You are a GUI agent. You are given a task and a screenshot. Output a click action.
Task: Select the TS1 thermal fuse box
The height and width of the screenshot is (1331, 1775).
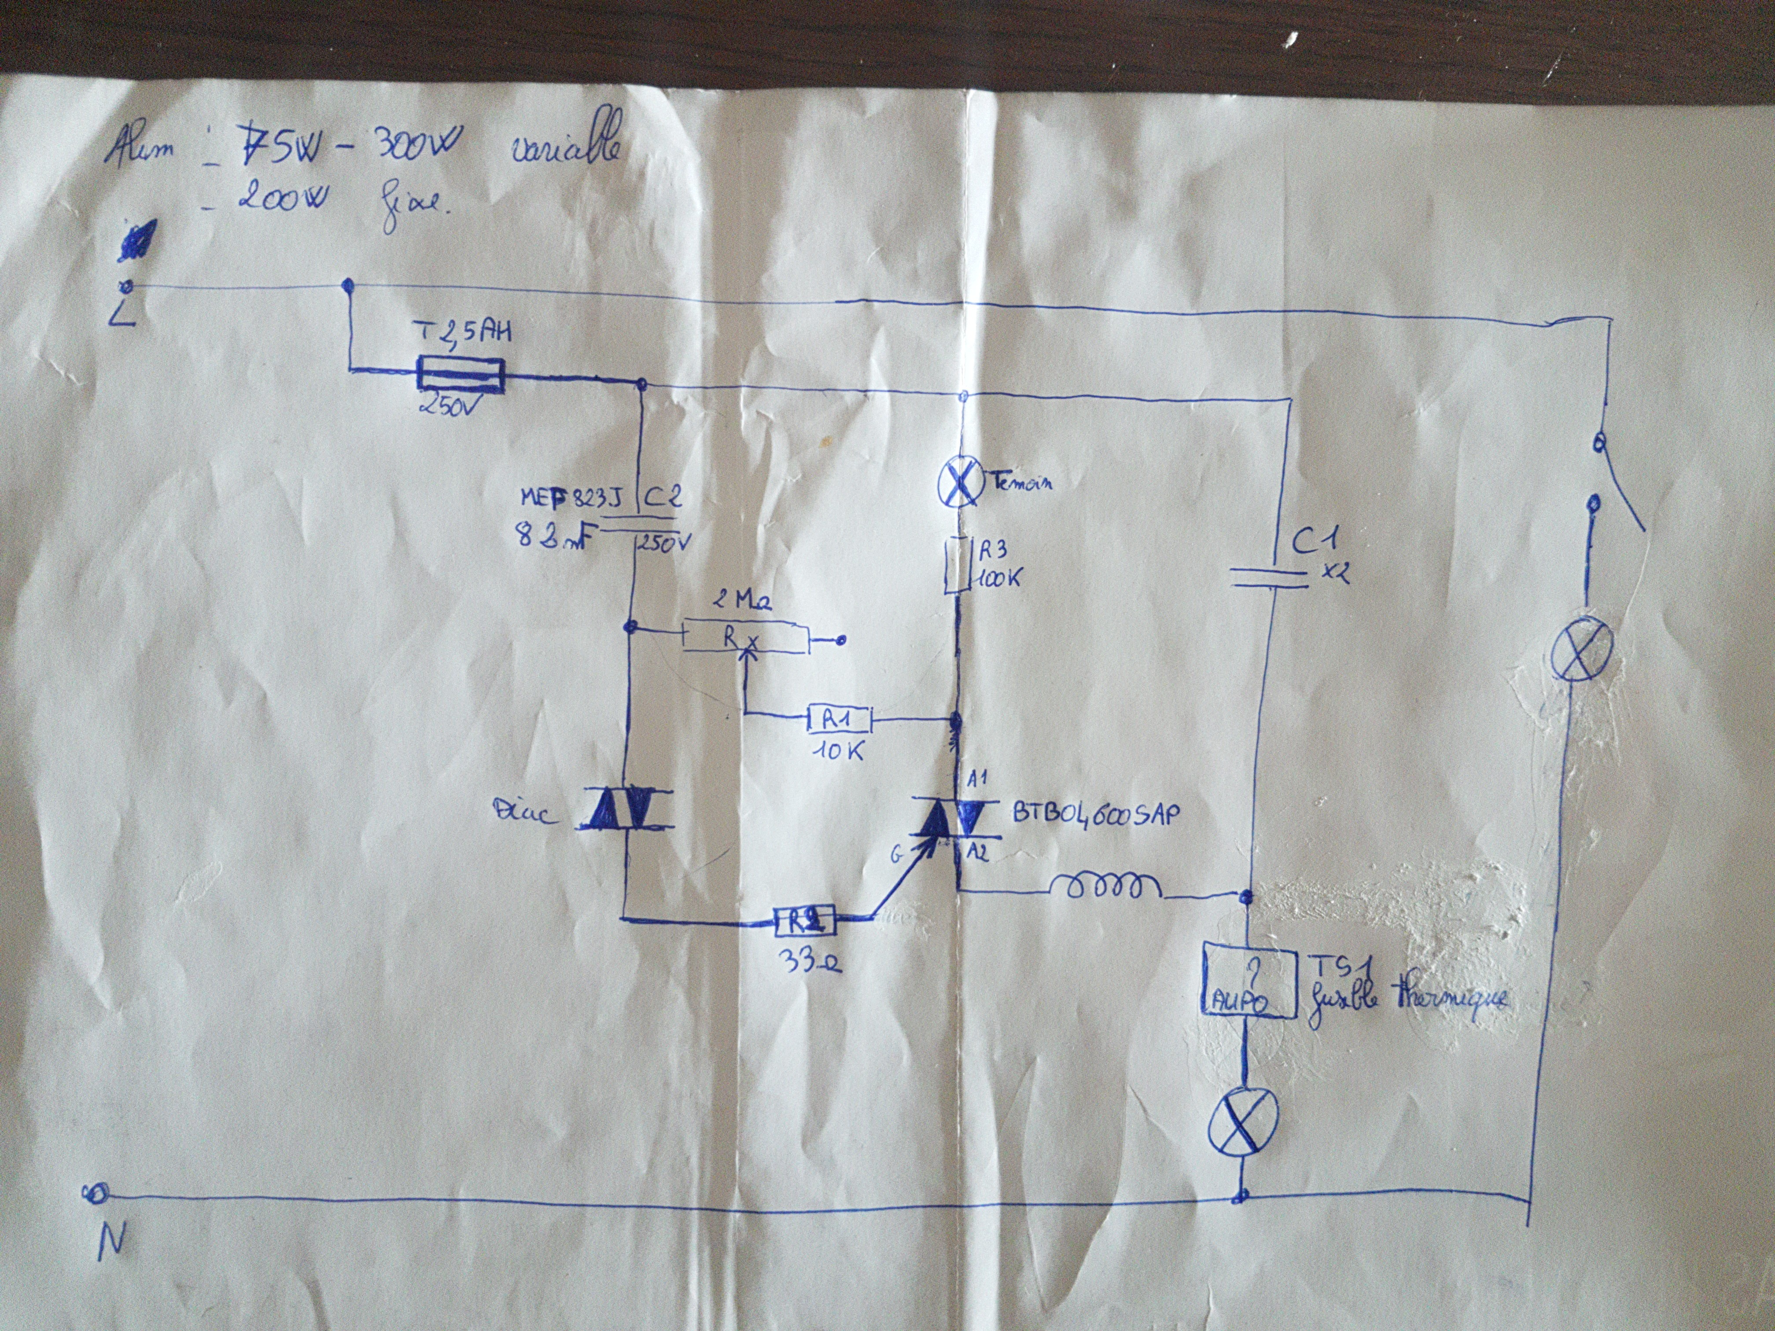point(1249,983)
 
